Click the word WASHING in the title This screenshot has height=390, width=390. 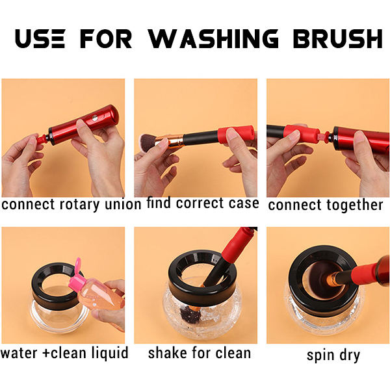tap(213, 38)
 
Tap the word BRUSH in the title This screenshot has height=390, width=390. tap(337, 38)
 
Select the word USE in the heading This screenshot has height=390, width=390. tap(40, 38)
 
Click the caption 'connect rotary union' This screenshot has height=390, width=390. tap(71, 205)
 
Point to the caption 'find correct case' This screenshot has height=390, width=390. tap(202, 203)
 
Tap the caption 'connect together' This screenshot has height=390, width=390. tap(326, 205)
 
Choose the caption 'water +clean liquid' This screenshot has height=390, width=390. tap(64, 353)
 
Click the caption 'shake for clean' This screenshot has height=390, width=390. tap(200, 353)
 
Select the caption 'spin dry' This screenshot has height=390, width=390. tap(333, 356)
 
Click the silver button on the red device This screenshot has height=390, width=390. tap(95, 118)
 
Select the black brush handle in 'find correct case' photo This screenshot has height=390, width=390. tap(200, 138)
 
